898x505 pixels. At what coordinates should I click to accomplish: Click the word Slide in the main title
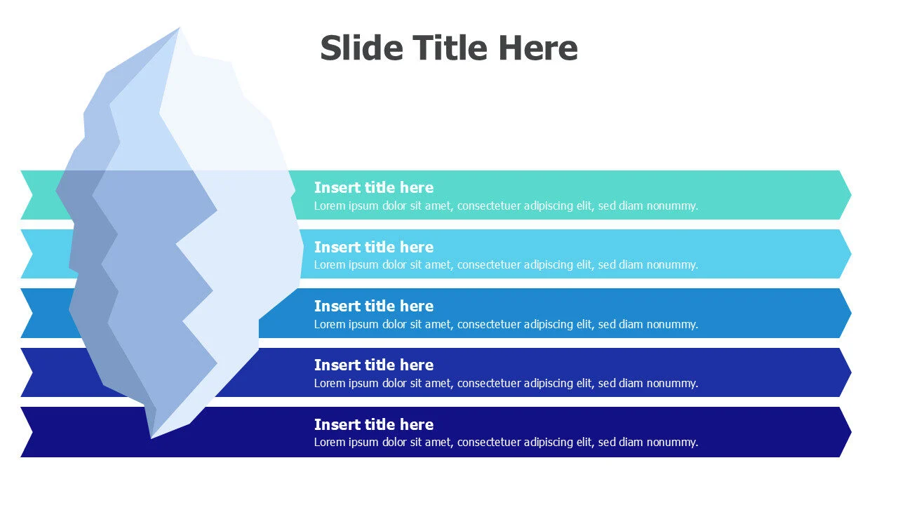point(361,48)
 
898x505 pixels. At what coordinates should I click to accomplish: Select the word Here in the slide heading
point(538,48)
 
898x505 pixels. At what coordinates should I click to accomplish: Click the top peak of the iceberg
point(179,27)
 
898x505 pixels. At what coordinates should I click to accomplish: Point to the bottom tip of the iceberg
point(151,438)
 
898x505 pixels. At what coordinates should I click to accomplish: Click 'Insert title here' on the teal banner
point(374,187)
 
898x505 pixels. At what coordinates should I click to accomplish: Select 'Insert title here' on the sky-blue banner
point(374,247)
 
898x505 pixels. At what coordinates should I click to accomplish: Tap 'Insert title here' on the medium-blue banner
point(374,307)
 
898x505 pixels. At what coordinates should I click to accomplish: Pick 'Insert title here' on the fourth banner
point(374,365)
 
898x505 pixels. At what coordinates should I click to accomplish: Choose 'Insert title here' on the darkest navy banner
point(374,424)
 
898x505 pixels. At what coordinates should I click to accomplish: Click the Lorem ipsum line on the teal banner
point(506,206)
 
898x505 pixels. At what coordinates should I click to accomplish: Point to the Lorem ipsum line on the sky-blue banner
point(506,265)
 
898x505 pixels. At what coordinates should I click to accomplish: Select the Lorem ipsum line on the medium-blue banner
point(506,324)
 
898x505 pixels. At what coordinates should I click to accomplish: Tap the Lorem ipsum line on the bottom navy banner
point(506,442)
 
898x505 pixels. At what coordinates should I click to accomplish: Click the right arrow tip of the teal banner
point(851,195)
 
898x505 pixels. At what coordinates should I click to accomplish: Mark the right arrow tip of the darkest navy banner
point(851,431)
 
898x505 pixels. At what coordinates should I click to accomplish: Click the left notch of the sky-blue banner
point(33,254)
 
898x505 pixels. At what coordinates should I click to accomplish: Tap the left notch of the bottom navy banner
point(33,431)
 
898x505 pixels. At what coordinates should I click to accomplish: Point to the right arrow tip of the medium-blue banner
point(851,313)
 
